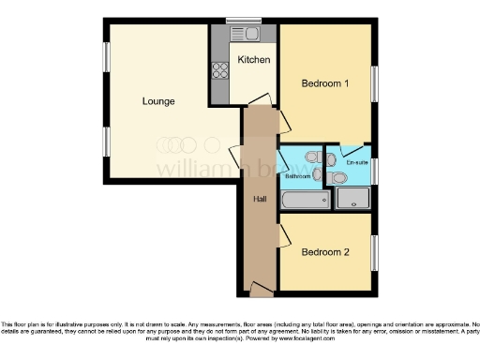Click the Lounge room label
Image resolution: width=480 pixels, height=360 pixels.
pos(157,101)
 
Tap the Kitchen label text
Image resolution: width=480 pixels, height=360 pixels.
pos(253,60)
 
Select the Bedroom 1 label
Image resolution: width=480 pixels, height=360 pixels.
pos(324,83)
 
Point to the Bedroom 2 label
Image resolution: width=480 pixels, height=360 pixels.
pos(324,252)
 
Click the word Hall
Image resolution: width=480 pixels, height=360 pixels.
pos(260,199)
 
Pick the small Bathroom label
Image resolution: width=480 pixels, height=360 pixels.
pos(297,176)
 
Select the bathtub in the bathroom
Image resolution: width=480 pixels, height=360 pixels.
pos(300,201)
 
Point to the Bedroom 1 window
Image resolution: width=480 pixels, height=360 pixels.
pos(375,84)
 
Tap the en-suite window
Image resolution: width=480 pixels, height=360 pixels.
pos(375,169)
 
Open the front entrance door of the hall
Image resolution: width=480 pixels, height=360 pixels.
pos(260,292)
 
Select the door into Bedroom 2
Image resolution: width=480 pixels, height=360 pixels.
pos(283,234)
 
